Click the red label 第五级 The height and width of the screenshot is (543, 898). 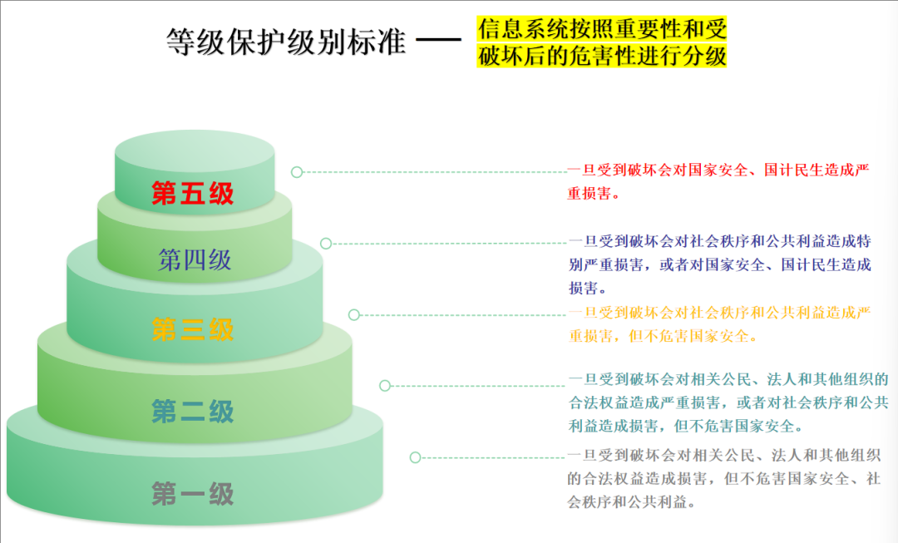[193, 194]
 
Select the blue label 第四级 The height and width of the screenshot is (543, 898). [195, 260]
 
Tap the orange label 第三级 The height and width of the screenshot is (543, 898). [193, 329]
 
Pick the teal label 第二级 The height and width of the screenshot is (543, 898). [193, 411]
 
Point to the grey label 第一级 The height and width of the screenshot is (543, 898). [193, 494]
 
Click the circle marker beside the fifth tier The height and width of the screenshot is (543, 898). [297, 172]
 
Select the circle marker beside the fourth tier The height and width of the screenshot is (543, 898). [326, 244]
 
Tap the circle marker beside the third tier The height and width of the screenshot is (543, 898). [354, 315]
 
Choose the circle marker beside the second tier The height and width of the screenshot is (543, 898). [385, 386]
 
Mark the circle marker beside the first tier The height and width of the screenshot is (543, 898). [415, 457]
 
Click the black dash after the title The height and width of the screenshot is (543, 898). [438, 40]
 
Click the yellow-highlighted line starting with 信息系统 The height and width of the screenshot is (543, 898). [602, 29]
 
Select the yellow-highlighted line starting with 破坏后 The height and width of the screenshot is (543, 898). [602, 56]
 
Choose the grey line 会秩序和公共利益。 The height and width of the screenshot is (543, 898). [631, 502]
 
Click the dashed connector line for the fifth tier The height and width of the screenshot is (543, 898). [432, 172]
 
